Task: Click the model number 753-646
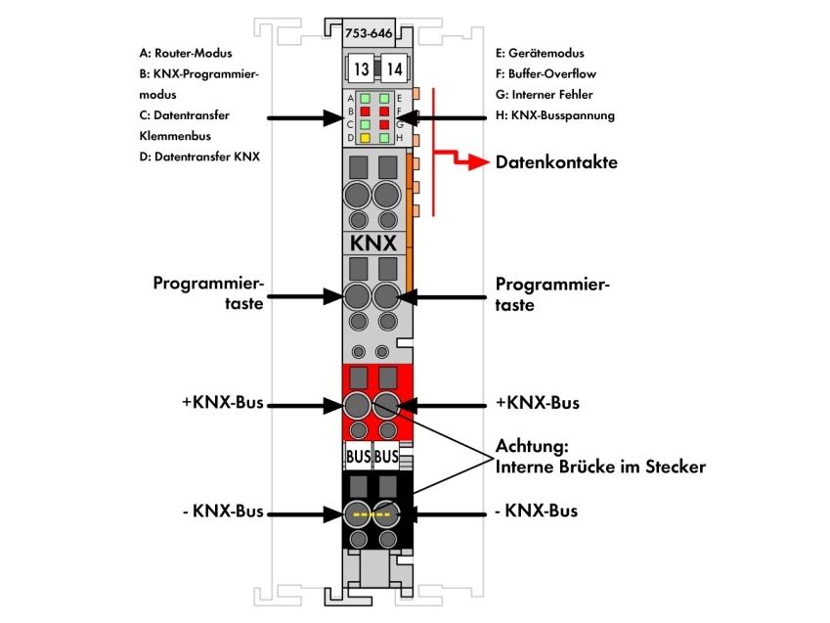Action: point(369,33)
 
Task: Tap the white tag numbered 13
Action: point(361,68)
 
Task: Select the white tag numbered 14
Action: point(394,68)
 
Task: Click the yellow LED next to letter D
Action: point(365,138)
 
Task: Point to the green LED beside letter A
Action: point(365,98)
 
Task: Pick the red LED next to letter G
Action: point(384,124)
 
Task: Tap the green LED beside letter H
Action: point(384,138)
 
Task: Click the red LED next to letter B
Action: point(365,111)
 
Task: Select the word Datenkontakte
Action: point(556,162)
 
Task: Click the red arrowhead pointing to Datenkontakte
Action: point(479,162)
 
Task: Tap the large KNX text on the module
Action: point(373,244)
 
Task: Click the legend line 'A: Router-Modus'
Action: point(186,53)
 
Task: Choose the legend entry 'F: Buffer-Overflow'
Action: point(546,73)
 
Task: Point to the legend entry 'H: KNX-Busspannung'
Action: point(555,115)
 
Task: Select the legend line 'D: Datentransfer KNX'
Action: point(199,156)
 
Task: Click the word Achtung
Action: point(532,446)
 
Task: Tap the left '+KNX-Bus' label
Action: point(223,402)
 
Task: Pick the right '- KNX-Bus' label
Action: point(536,511)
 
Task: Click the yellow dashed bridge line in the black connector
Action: point(371,513)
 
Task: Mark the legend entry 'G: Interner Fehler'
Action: point(545,95)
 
